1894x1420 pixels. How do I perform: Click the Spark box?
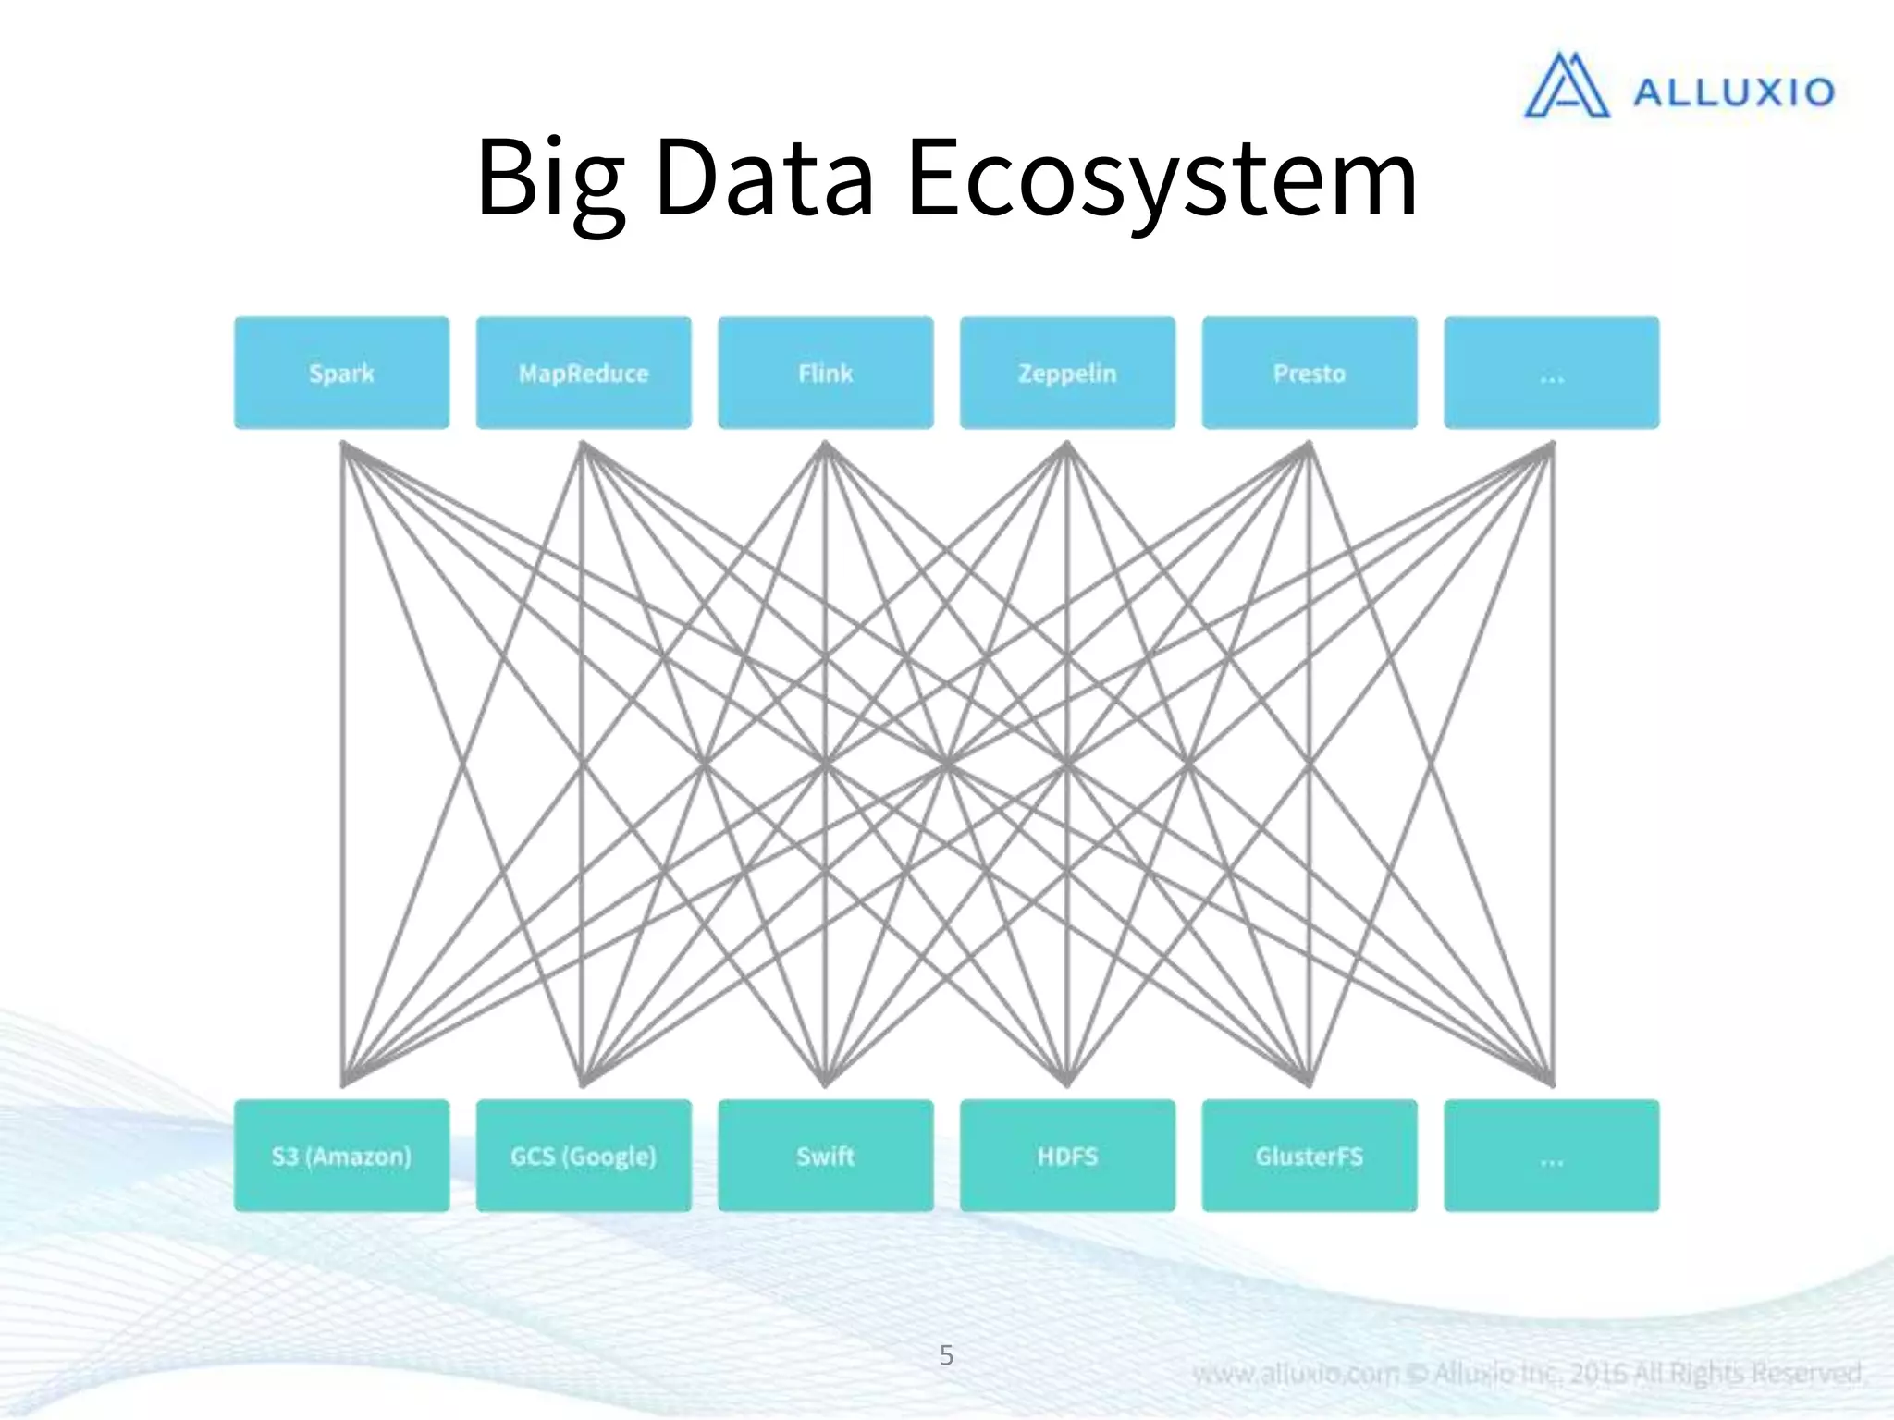tap(341, 373)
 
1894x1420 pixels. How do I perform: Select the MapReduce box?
tap(584, 373)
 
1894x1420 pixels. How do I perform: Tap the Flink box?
tap(825, 373)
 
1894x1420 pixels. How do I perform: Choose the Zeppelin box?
tap(1067, 373)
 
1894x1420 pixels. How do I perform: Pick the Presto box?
tap(1309, 373)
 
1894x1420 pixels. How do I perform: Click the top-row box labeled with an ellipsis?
tap(1551, 373)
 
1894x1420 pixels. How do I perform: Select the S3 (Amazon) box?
tap(341, 1156)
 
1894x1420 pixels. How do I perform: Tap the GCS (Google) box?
tap(584, 1156)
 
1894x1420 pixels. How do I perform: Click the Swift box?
tap(825, 1156)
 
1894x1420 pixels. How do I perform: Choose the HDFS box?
tap(1067, 1156)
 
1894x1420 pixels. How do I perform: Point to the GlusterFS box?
tap(1309, 1156)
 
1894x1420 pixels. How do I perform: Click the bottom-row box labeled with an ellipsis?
tap(1551, 1156)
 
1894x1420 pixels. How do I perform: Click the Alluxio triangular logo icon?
tap(1566, 86)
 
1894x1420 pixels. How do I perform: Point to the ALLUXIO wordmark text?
tap(1733, 92)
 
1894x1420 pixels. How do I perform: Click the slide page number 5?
tap(946, 1354)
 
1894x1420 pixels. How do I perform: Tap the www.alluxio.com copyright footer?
tap(1526, 1373)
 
